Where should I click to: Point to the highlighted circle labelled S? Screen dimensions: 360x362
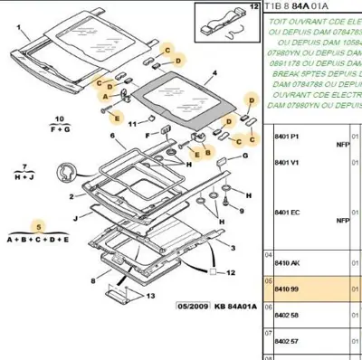pyautogui.click(x=38, y=224)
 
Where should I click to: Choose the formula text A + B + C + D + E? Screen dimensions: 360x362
pyautogui.click(x=38, y=239)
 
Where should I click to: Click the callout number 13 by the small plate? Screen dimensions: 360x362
pyautogui.click(x=150, y=296)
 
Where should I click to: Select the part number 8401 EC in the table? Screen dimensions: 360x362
pyautogui.click(x=288, y=213)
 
